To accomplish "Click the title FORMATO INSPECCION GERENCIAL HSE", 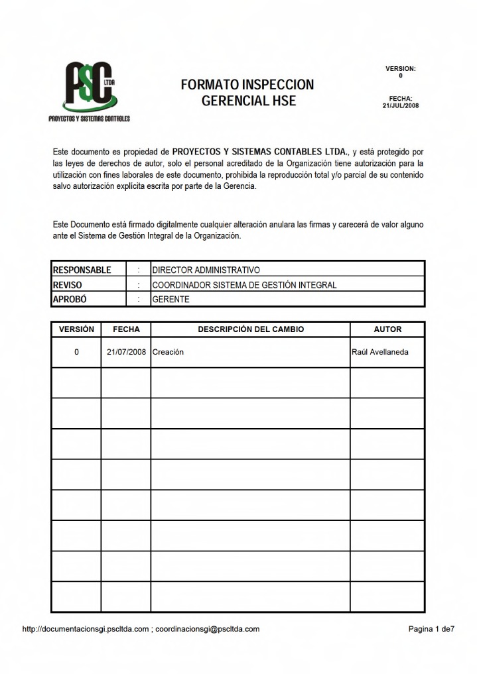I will point(247,93).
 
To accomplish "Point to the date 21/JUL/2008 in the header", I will point(401,105).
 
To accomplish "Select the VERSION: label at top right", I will point(400,69).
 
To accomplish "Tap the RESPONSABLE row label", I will point(82,270).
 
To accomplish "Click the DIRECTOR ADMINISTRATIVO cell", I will point(206,270).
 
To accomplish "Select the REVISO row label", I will point(68,285).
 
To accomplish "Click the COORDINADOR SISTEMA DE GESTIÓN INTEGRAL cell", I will point(244,285).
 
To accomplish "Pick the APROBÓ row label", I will point(70,300).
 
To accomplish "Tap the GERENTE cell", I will point(171,300).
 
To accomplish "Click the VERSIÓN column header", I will point(76,329).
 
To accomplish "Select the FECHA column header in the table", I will point(126,329).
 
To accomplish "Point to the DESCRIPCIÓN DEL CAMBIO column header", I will point(251,329).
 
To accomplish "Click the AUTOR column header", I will point(387,329).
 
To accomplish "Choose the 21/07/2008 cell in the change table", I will point(126,352).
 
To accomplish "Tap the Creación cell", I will point(168,352).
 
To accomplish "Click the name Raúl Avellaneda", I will point(379,352).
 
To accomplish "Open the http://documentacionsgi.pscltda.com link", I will point(86,629).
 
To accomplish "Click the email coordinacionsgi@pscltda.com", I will point(208,629).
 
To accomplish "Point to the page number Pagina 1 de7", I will point(431,629).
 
